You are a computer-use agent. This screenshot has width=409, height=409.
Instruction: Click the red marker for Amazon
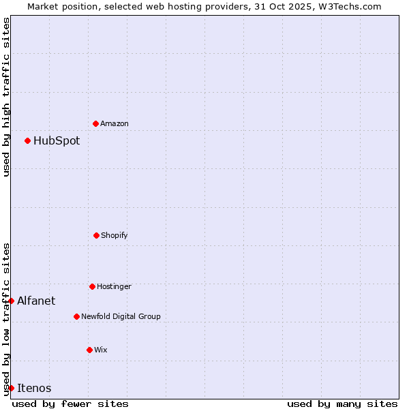[95, 123]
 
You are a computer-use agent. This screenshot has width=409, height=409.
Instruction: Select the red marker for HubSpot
[27, 140]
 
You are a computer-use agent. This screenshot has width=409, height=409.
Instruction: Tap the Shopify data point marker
[96, 235]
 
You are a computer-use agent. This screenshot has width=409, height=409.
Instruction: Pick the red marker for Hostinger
[92, 286]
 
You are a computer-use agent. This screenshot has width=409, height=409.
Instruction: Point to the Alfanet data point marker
[11, 301]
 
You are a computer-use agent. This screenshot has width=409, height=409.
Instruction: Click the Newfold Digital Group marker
[76, 316]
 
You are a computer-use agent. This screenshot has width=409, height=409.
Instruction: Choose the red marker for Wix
[89, 350]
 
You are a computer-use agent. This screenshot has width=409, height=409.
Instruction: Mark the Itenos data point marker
[11, 388]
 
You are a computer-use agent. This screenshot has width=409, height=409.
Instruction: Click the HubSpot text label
[57, 141]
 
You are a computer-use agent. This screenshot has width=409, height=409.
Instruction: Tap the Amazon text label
[115, 124]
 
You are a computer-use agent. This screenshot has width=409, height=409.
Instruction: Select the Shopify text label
[115, 236]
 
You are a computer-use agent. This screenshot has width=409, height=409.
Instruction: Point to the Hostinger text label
[114, 287]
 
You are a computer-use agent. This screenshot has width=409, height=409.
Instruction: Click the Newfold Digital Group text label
[121, 317]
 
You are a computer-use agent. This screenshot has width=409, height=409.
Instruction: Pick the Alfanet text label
[36, 301]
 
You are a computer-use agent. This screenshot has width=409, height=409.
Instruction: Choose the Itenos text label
[34, 389]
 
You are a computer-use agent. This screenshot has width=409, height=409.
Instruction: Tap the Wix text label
[101, 350]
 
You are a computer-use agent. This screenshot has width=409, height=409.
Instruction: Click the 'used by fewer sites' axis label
[70, 404]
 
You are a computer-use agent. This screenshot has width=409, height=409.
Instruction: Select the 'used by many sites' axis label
[342, 404]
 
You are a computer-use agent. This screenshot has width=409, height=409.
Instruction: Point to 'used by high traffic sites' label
[6, 97]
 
